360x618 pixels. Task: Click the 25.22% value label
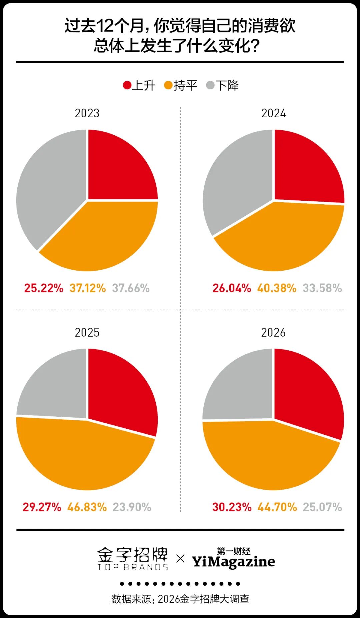[x=44, y=288]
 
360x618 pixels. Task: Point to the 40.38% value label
[x=277, y=288]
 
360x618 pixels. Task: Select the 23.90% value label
[x=132, y=507]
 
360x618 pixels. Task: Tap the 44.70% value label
[x=277, y=507]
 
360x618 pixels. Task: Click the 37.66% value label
[x=131, y=288]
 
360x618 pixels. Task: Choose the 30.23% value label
[x=232, y=507]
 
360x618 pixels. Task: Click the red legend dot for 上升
[x=127, y=85]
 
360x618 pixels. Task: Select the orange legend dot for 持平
[x=168, y=85]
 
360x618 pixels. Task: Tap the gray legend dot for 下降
[x=210, y=85]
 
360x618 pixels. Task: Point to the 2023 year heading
[x=87, y=113]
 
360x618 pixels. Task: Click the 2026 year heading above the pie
[x=273, y=332]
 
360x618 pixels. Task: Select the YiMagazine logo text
[x=233, y=561]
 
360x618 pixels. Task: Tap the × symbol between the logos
[x=180, y=558]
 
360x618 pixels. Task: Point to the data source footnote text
[x=180, y=599]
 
